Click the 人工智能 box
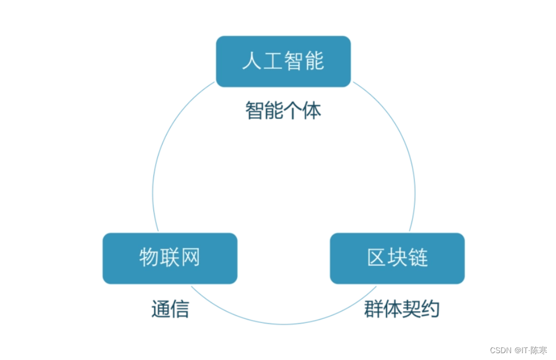pyautogui.click(x=283, y=61)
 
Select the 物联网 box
pyautogui.click(x=169, y=258)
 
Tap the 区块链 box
pyautogui.click(x=397, y=258)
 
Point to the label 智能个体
pyautogui.click(x=283, y=110)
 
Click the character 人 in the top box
pyautogui.click(x=252, y=61)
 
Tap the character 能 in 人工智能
pyautogui.click(x=314, y=61)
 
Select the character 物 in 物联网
pyautogui.click(x=149, y=258)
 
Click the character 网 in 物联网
pyautogui.click(x=190, y=258)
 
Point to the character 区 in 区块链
pyautogui.click(x=376, y=258)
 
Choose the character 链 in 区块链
pyautogui.click(x=418, y=258)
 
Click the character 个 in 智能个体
pyautogui.click(x=293, y=110)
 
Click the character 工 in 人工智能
pyautogui.click(x=273, y=61)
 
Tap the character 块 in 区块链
pyautogui.click(x=397, y=258)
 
